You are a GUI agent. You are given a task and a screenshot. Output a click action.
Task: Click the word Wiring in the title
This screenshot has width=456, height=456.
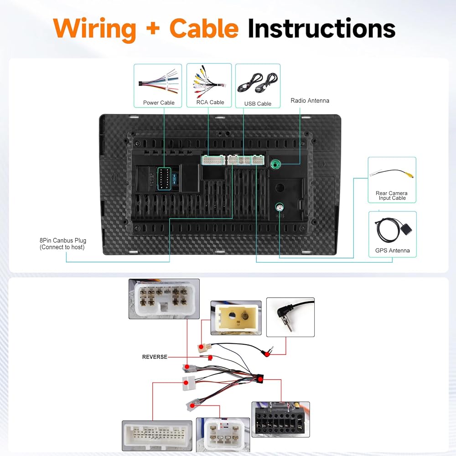pyautogui.click(x=94, y=29)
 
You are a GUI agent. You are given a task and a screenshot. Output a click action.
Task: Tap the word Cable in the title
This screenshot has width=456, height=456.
pyautogui.click(x=204, y=28)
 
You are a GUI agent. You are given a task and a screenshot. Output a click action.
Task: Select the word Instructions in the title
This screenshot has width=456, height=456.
pyautogui.click(x=321, y=28)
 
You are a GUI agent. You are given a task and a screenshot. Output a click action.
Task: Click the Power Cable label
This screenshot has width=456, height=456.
pyautogui.click(x=159, y=103)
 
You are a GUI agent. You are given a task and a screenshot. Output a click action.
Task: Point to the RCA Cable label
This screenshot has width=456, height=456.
pyautogui.click(x=210, y=102)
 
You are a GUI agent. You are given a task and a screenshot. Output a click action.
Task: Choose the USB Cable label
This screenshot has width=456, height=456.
pyautogui.click(x=258, y=104)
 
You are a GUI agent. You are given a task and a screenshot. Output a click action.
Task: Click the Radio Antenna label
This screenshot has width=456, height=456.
pyautogui.click(x=310, y=100)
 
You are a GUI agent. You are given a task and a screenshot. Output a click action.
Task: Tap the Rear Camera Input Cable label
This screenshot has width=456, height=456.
pyautogui.click(x=392, y=196)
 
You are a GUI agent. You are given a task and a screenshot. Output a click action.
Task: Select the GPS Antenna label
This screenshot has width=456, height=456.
pyautogui.click(x=392, y=250)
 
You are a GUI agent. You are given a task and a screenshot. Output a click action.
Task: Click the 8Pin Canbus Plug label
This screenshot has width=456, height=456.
pyautogui.click(x=63, y=244)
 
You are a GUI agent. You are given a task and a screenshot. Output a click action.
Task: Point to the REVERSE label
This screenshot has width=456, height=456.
pyautogui.click(x=155, y=357)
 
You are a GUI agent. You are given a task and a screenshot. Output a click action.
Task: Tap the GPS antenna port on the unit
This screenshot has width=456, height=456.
pyautogui.click(x=279, y=208)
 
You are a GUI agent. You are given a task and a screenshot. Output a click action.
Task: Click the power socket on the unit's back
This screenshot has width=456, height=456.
pyautogui.click(x=164, y=178)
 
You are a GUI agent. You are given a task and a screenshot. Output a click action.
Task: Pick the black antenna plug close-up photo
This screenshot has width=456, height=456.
pyautogui.click(x=290, y=317)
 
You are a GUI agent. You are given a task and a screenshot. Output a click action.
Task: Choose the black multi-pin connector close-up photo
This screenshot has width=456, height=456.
pyautogui.click(x=280, y=419)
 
